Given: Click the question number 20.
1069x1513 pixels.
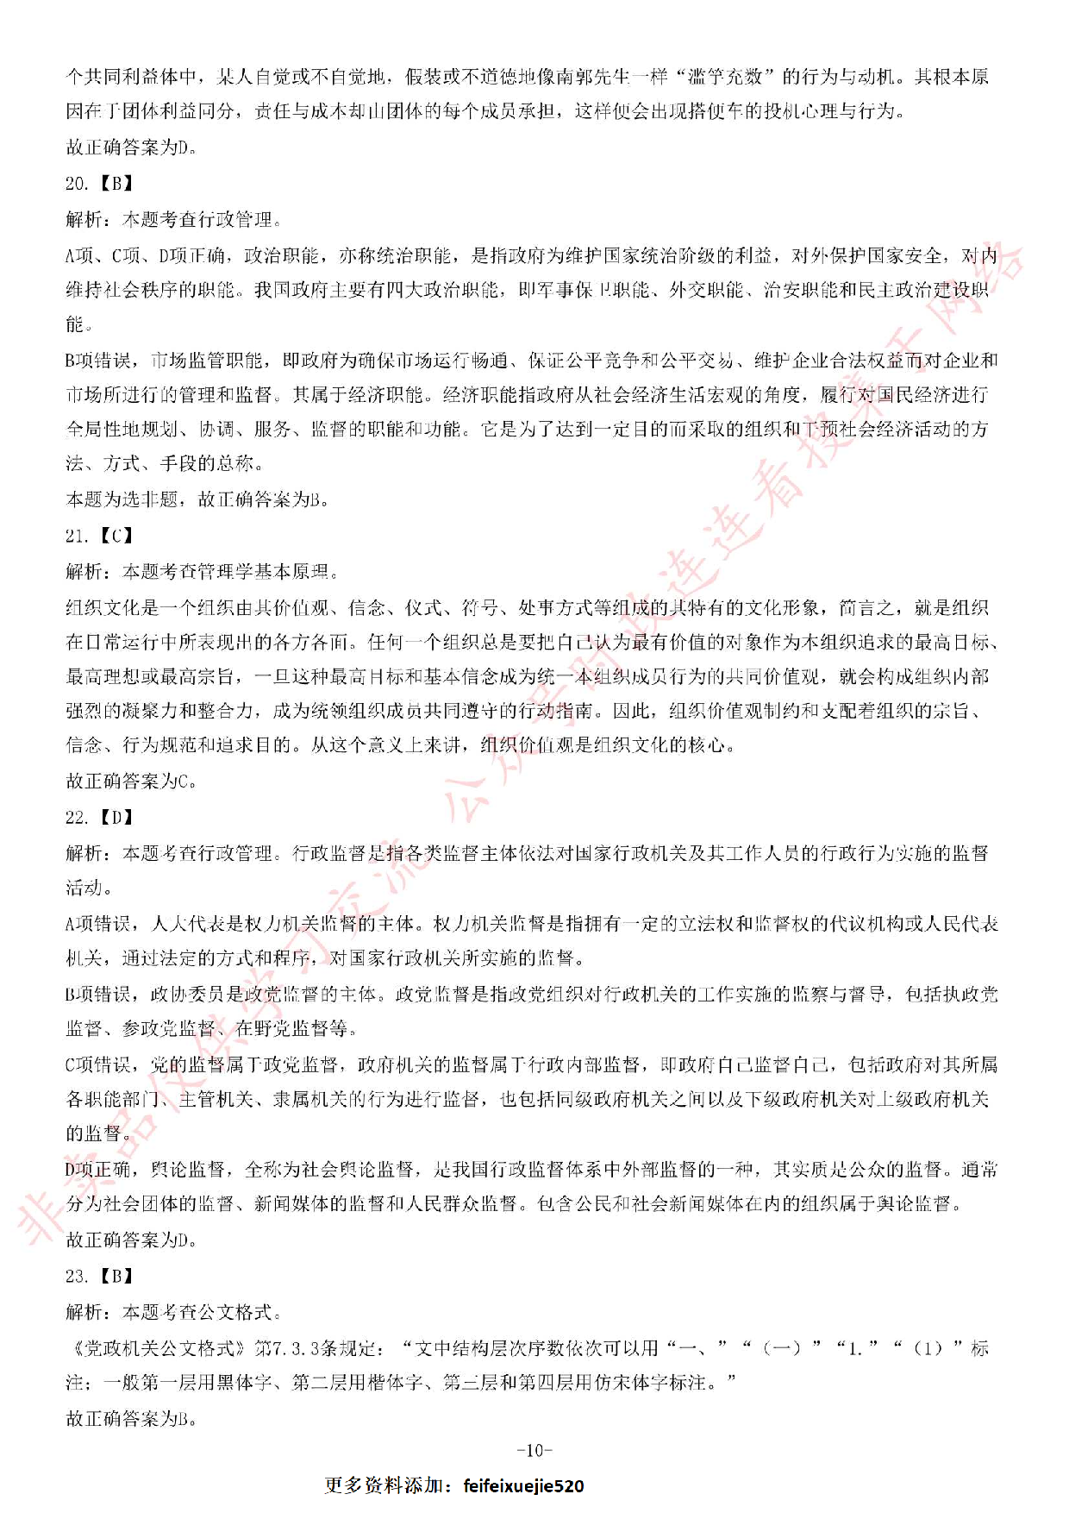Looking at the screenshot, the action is pos(76,183).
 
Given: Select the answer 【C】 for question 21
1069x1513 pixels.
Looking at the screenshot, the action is pos(116,536).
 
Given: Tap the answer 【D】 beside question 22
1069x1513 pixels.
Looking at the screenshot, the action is pos(116,817).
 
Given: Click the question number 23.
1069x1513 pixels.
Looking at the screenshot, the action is pos(76,1276).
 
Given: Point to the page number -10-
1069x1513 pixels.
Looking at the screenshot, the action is pos(534,1450).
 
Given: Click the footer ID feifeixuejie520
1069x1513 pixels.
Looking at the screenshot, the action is pos(523,1485).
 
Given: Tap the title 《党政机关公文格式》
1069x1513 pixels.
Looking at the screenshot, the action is pos(156,1347).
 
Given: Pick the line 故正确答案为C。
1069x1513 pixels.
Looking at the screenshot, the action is pos(132,781).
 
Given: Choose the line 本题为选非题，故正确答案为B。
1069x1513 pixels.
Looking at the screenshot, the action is pos(198,499).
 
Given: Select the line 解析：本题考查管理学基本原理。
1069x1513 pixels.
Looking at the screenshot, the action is pos(203,571).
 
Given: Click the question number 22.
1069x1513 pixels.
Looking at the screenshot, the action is pos(76,817).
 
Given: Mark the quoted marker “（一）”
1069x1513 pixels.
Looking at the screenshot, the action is pos(783,1347).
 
